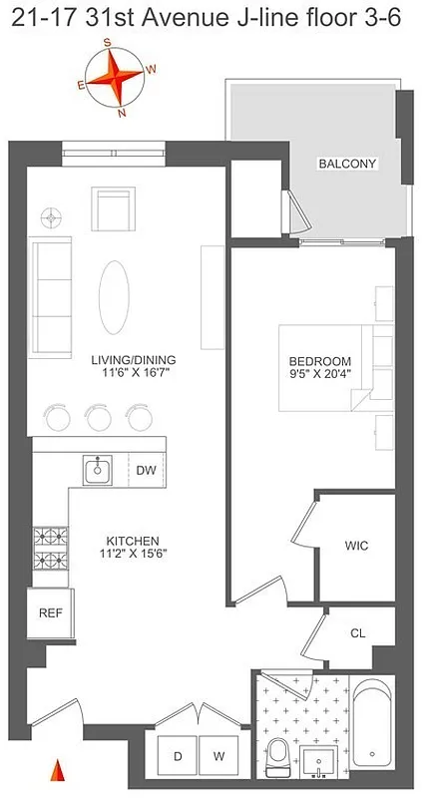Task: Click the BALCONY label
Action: point(348,164)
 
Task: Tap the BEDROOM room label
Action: point(320,360)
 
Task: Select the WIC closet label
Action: point(356,546)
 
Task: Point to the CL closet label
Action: point(358,632)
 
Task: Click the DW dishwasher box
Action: point(146,471)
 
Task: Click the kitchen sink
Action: point(98,469)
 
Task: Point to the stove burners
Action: point(47,550)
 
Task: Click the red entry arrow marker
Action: point(57,771)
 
